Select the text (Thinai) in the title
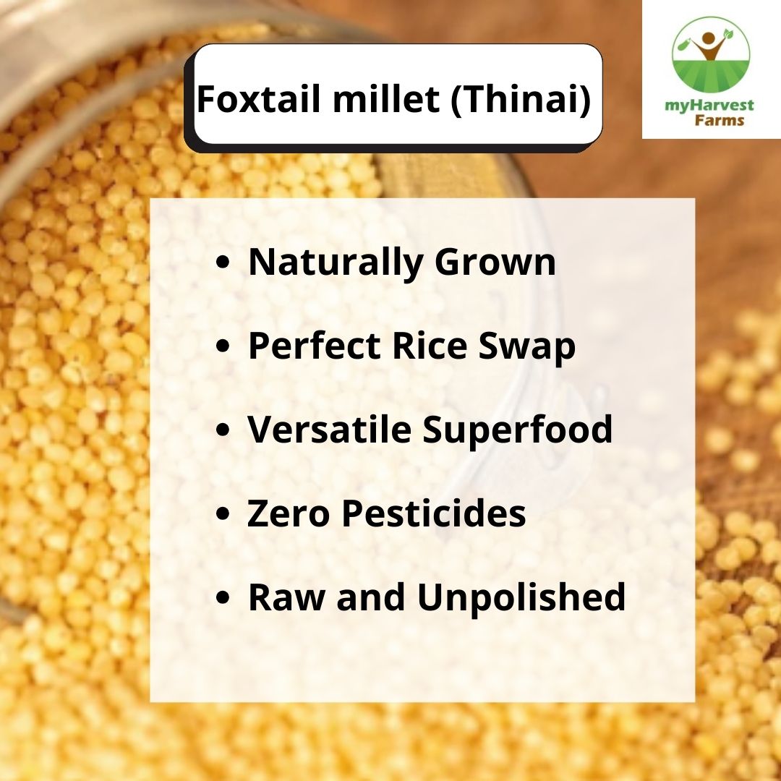[x=520, y=99]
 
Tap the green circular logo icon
[x=710, y=55]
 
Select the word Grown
[x=495, y=263]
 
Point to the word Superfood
[x=517, y=431]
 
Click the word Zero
[x=289, y=513]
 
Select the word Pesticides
[x=433, y=513]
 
